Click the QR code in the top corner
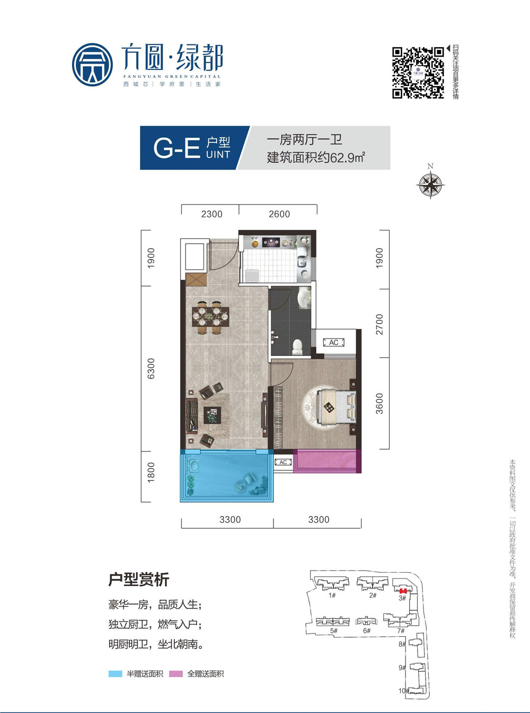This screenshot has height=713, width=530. (x=418, y=73)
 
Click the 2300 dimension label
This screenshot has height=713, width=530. (x=211, y=214)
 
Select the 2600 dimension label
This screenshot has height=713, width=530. (x=279, y=214)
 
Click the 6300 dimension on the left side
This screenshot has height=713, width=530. (x=151, y=368)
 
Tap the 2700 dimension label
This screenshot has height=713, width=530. (x=379, y=324)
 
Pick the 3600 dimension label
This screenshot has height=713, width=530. (x=379, y=404)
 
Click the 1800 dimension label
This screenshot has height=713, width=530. (x=151, y=472)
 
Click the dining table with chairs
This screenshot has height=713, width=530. (x=210, y=318)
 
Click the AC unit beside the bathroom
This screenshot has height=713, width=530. (x=334, y=343)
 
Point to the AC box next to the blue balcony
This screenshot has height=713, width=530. (x=284, y=462)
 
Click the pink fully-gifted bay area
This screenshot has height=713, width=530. (x=327, y=461)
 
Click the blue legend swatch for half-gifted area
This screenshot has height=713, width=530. (x=115, y=674)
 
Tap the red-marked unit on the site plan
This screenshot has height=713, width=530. (x=403, y=591)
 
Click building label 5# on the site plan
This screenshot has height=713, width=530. (x=333, y=631)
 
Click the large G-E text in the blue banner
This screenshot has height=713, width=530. (x=176, y=148)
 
